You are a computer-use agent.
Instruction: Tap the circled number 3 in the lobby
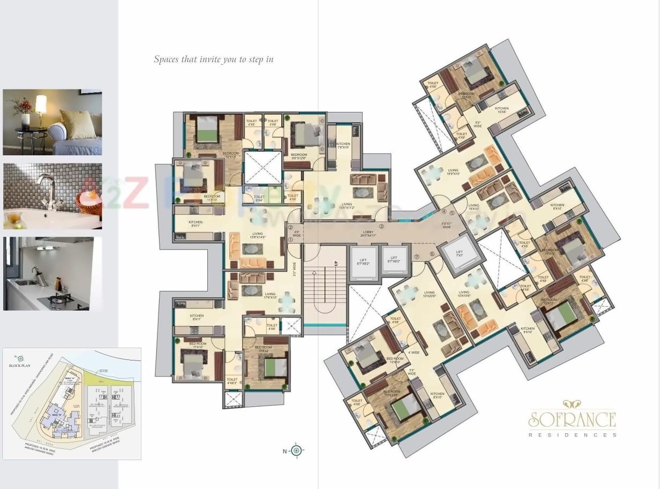tap(381, 227)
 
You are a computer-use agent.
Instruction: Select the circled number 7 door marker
tap(416, 257)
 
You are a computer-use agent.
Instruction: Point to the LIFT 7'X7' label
tap(459, 253)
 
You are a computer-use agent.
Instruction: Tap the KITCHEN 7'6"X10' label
tap(343, 146)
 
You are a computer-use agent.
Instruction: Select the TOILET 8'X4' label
tap(259, 199)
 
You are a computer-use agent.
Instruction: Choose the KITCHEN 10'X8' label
tap(501, 110)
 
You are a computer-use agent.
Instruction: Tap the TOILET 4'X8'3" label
tap(232, 381)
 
